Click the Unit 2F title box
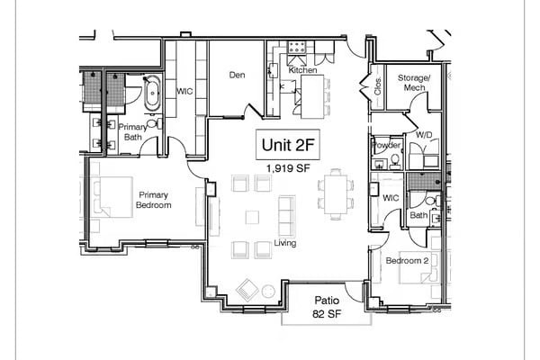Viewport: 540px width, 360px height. [x=282, y=144]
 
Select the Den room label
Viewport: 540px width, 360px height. [x=237, y=75]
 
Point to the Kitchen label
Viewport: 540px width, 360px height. [x=302, y=69]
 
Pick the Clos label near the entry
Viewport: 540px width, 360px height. [x=378, y=86]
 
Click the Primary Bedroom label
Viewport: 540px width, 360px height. [x=153, y=199]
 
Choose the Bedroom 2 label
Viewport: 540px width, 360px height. [x=407, y=261]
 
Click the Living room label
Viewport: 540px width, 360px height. [x=285, y=243]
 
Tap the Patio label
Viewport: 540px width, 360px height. [x=325, y=301]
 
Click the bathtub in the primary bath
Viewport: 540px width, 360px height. [x=152, y=93]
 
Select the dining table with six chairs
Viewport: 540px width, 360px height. [x=335, y=193]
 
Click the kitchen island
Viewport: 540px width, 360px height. [x=312, y=96]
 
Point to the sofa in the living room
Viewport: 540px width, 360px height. [x=286, y=214]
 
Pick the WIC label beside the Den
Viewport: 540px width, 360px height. [x=185, y=91]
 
